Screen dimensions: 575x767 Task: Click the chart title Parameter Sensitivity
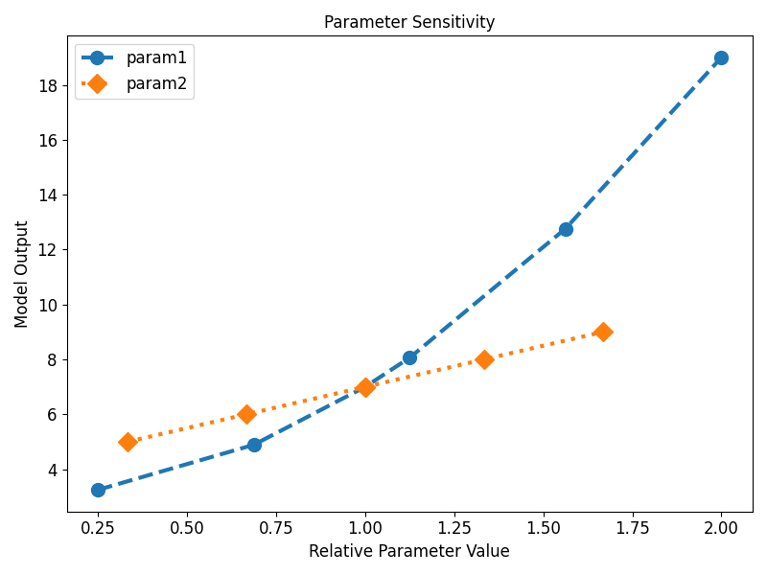(409, 21)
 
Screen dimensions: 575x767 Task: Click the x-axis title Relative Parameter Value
(409, 551)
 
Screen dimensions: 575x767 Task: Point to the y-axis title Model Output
(22, 274)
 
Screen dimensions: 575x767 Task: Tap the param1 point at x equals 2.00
(721, 57)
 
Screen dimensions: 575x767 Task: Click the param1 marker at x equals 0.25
(98, 490)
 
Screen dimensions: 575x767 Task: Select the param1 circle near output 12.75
(566, 229)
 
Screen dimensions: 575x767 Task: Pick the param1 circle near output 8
(409, 357)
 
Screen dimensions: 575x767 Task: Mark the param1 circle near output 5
(254, 445)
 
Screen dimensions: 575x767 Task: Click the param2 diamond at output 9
(602, 332)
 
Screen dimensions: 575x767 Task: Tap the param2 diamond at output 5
(128, 442)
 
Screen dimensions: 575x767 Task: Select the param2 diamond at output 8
(484, 359)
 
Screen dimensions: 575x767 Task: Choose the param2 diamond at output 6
(246, 414)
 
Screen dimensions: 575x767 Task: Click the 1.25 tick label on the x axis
(453, 527)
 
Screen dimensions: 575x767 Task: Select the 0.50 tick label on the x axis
(187, 527)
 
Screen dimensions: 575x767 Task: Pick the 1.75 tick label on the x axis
(632, 527)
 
